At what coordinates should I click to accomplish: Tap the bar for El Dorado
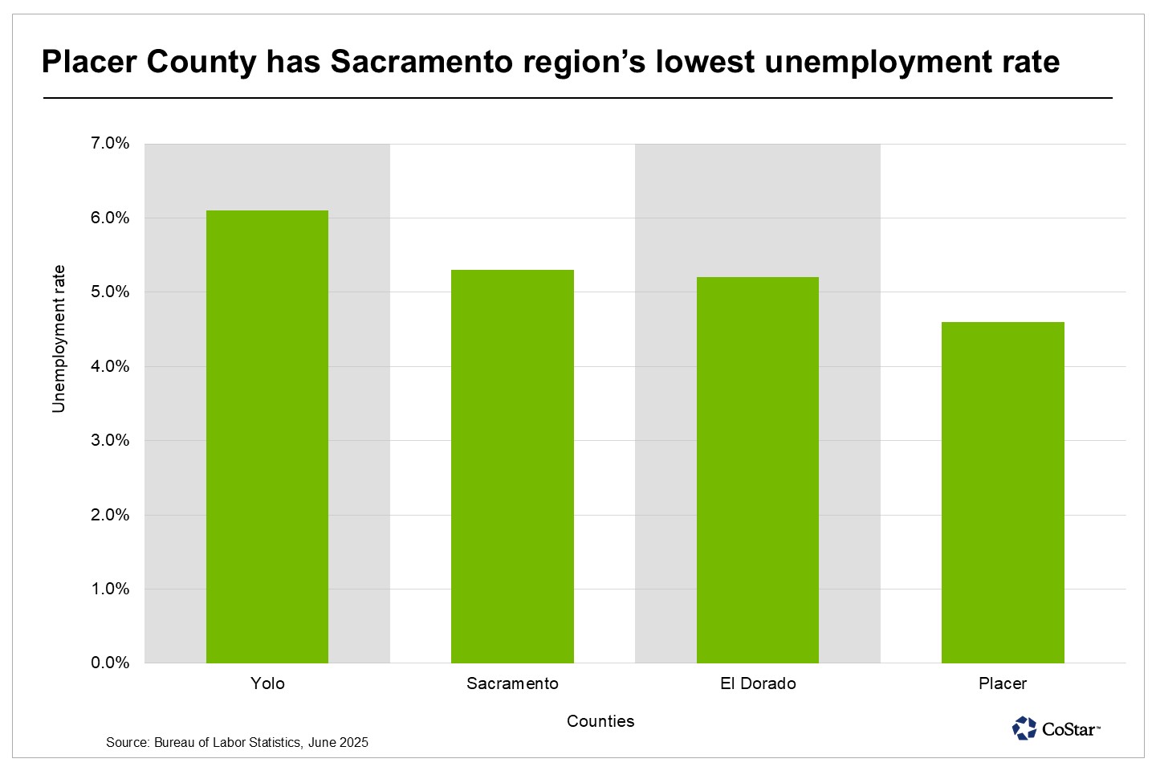pyautogui.click(x=758, y=470)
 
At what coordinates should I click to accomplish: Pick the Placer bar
pyautogui.click(x=1003, y=492)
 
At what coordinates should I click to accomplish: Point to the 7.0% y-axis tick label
pyautogui.click(x=111, y=144)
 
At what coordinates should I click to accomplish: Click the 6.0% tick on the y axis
pyautogui.click(x=111, y=218)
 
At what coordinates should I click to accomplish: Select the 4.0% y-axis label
pyautogui.click(x=111, y=366)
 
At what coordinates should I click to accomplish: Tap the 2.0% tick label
pyautogui.click(x=111, y=515)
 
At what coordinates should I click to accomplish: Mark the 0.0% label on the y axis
pyautogui.click(x=111, y=663)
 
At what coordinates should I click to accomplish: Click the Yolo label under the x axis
pyautogui.click(x=267, y=683)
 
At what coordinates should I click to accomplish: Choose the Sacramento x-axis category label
pyautogui.click(x=512, y=683)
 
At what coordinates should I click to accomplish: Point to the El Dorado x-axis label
pyautogui.click(x=758, y=683)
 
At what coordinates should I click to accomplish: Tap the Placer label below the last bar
pyautogui.click(x=1003, y=683)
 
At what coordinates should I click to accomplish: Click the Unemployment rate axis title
pyautogui.click(x=59, y=339)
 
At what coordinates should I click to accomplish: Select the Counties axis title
pyautogui.click(x=600, y=721)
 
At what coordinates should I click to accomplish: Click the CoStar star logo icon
pyautogui.click(x=1024, y=728)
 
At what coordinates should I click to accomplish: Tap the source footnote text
pyautogui.click(x=237, y=743)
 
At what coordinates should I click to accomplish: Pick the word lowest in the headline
pyautogui.click(x=705, y=62)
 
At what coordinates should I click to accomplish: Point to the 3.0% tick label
pyautogui.click(x=111, y=440)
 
